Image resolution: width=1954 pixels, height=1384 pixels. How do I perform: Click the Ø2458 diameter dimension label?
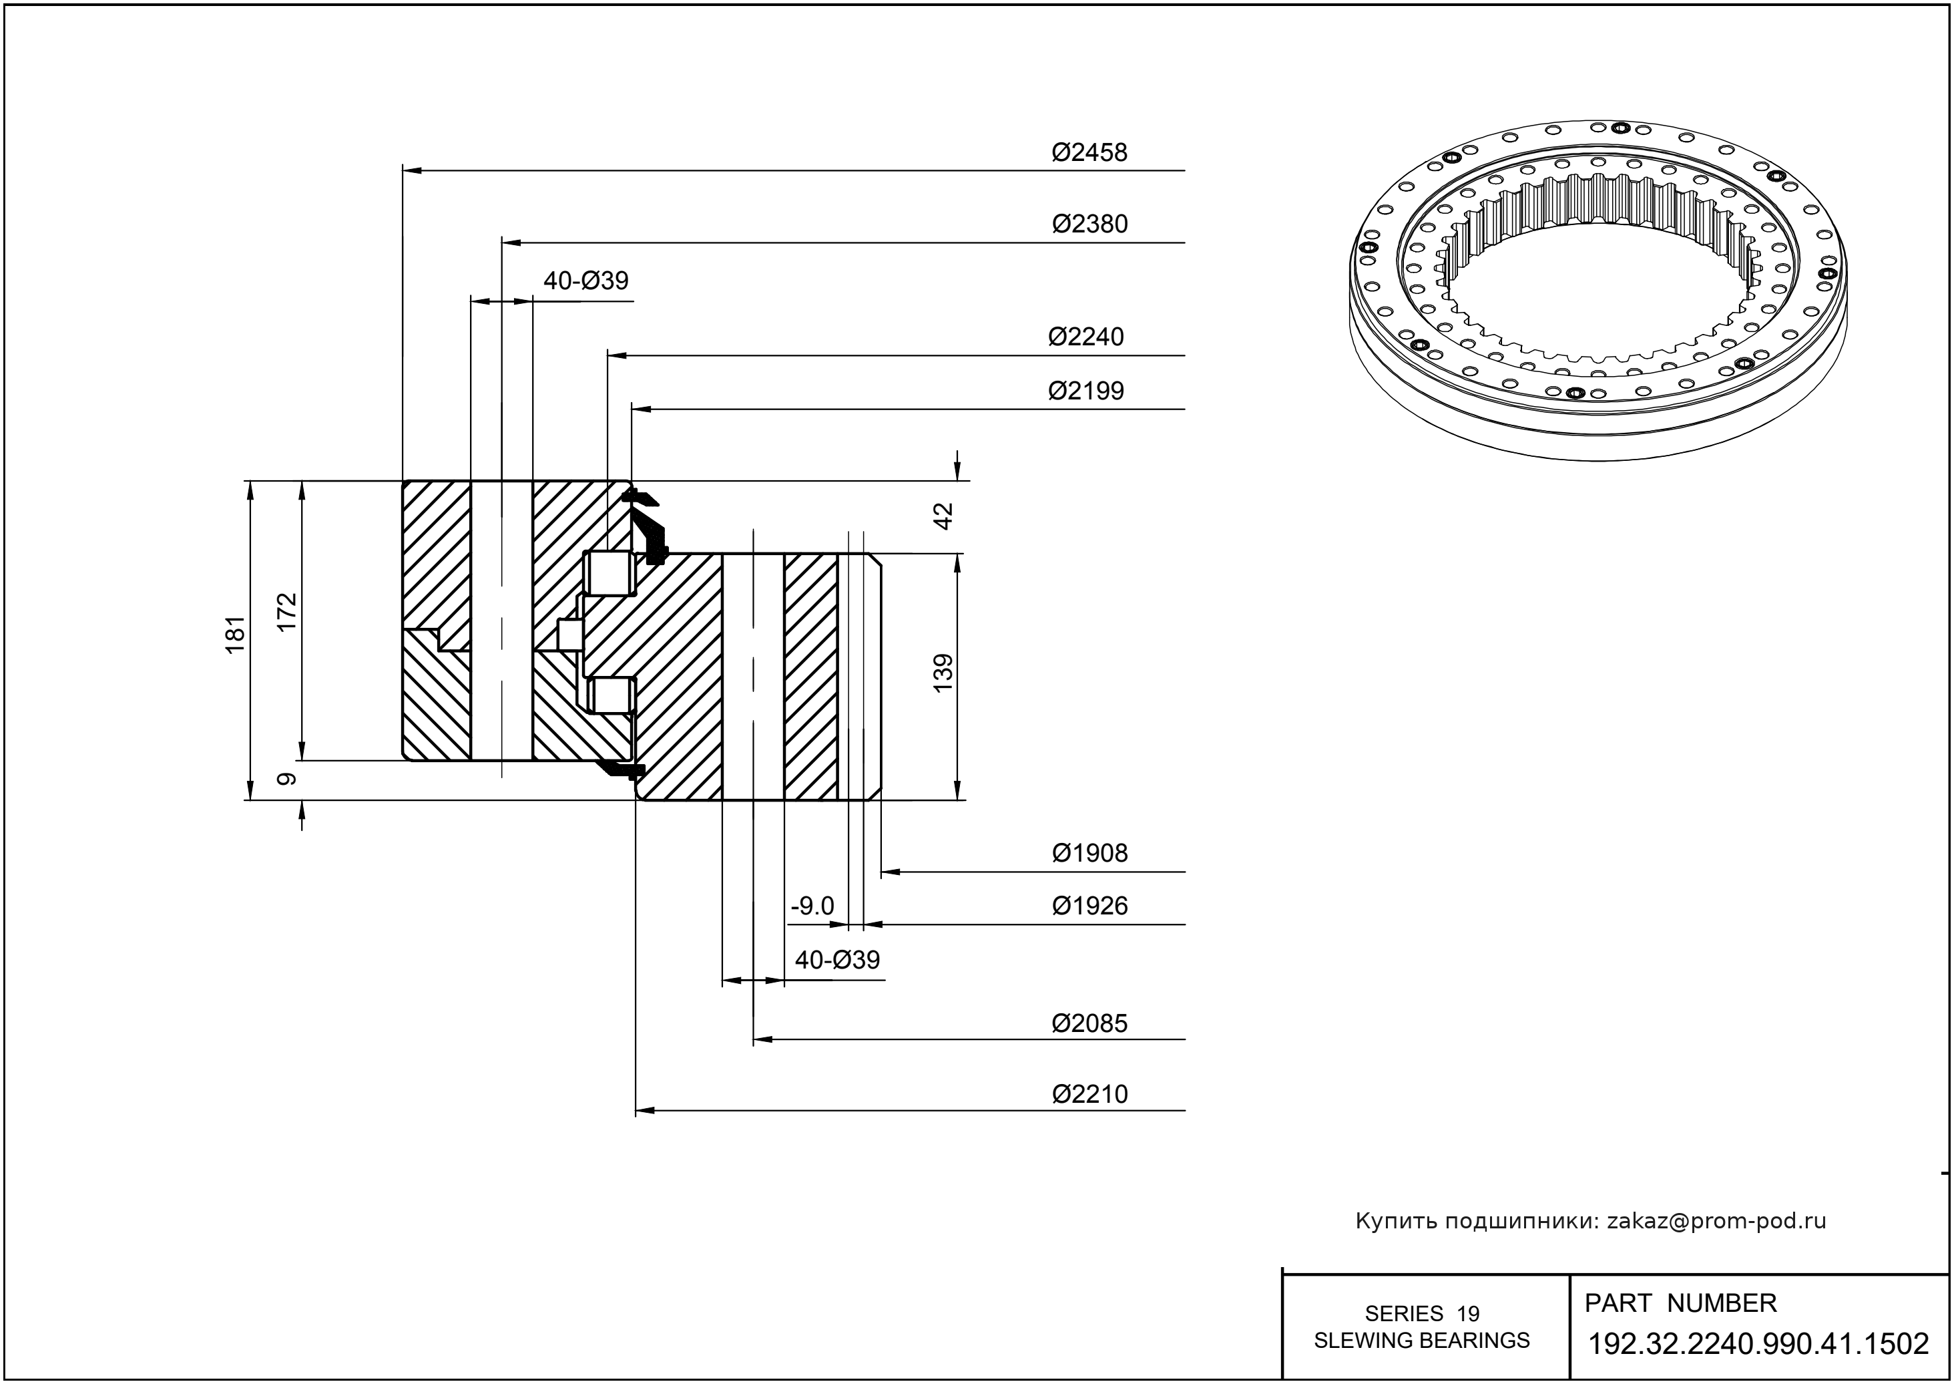click(1089, 152)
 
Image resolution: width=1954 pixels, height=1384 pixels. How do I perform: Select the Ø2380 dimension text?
click(1089, 224)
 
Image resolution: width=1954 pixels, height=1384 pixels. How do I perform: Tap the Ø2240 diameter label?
click(1085, 337)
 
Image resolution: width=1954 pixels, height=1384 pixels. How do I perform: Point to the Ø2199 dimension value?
click(1085, 391)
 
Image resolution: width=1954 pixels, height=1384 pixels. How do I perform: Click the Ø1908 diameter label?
click(1089, 853)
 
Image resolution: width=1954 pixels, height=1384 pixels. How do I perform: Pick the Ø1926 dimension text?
click(1089, 906)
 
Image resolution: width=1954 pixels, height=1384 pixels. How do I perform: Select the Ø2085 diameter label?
click(1089, 1023)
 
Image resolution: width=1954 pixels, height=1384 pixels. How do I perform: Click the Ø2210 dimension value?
click(1089, 1094)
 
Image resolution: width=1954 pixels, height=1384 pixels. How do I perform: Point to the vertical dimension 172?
click(287, 612)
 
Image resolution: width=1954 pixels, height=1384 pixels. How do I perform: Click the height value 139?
click(943, 673)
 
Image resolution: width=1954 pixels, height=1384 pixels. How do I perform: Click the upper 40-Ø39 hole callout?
click(586, 281)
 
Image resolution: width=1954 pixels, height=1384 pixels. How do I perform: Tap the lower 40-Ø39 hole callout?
click(837, 961)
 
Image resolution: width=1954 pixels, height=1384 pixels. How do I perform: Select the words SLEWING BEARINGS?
click(1422, 1341)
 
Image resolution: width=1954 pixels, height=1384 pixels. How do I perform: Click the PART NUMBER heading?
click(1680, 1303)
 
